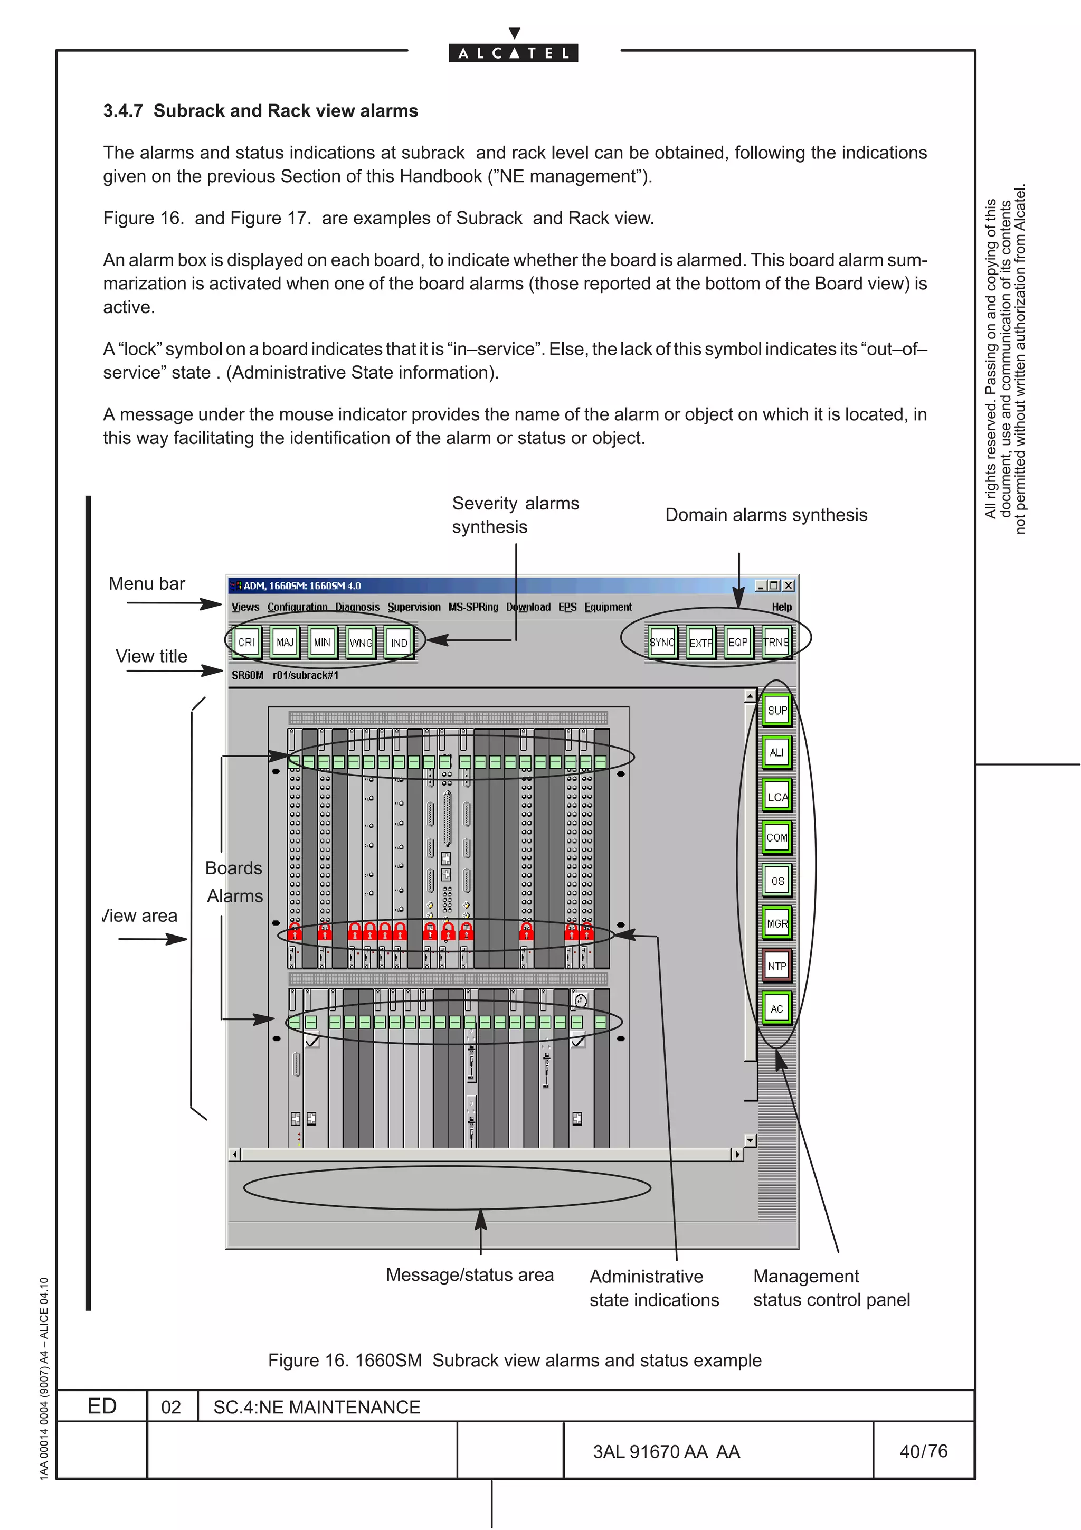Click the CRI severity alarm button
click(x=246, y=643)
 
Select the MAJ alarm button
click(x=285, y=643)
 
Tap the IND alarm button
click(x=399, y=643)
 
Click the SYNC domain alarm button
click(x=662, y=643)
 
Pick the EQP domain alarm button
click(x=738, y=643)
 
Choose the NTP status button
click(x=776, y=966)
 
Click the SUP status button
click(x=776, y=711)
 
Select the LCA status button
click(x=776, y=796)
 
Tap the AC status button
click(x=776, y=1008)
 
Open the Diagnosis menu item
click(x=357, y=607)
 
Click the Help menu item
click(x=781, y=607)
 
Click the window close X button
click(x=789, y=585)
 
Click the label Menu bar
click(x=147, y=584)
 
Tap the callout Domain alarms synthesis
click(x=766, y=515)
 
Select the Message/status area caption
click(x=470, y=1275)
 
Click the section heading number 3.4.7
click(x=122, y=111)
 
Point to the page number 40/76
click(x=923, y=1451)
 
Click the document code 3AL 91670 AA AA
click(x=666, y=1452)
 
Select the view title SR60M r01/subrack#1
click(x=285, y=675)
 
